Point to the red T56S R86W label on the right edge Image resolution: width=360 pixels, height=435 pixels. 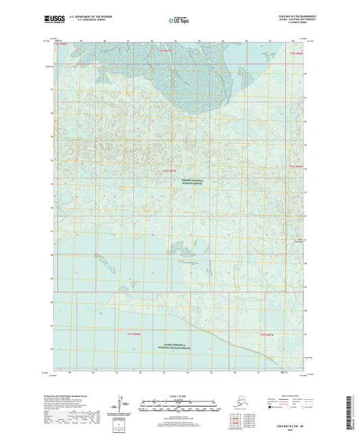pos(295,166)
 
